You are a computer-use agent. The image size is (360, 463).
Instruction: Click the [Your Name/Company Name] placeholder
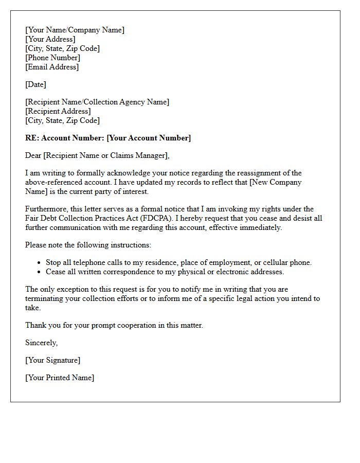click(x=75, y=30)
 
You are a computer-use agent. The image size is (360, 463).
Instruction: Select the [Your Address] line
click(x=50, y=39)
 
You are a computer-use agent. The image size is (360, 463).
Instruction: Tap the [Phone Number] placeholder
click(x=52, y=58)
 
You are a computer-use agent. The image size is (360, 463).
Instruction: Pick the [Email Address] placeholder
click(x=52, y=67)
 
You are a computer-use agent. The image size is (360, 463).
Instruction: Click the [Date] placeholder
click(x=35, y=84)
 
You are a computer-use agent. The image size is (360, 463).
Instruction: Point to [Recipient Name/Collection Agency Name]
click(x=97, y=102)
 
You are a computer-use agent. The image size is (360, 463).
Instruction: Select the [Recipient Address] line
click(x=58, y=111)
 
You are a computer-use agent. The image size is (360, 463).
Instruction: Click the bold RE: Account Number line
click(x=108, y=138)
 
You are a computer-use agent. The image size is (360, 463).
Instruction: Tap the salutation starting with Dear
click(x=97, y=155)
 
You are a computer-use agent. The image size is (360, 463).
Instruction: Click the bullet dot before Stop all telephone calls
click(x=40, y=263)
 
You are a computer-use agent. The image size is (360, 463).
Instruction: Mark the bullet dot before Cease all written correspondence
click(x=40, y=272)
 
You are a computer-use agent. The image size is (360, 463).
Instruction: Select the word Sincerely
click(x=41, y=343)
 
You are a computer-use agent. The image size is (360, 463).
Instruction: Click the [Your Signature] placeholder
click(x=52, y=360)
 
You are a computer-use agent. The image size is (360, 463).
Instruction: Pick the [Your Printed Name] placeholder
click(x=60, y=378)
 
